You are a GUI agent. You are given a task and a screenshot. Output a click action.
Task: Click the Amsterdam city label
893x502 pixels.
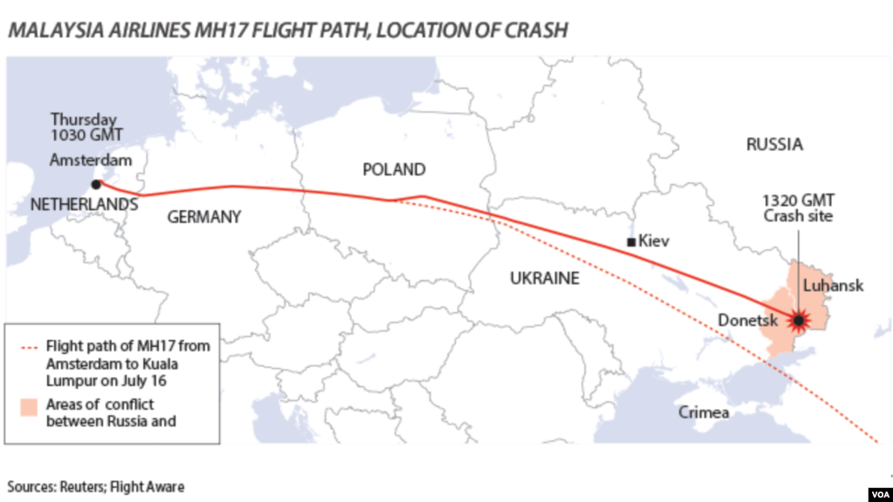91,160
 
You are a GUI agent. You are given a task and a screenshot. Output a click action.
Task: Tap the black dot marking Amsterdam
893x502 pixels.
95,184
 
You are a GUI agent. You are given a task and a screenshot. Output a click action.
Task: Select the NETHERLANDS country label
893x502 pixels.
84,204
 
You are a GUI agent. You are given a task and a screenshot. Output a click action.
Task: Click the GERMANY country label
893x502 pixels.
203,217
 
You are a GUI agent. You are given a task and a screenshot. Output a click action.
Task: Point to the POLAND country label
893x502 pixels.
393,169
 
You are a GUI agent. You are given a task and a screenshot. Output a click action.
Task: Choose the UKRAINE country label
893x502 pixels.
544,278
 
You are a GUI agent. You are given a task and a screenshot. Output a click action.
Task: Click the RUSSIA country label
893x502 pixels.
774,145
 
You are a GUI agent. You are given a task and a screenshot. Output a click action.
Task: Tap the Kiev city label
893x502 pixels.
654,241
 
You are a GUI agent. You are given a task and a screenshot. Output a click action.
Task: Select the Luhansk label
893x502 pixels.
833,286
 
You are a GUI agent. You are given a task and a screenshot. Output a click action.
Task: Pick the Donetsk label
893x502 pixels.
746,320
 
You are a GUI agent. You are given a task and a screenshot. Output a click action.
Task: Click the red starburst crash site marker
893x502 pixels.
798,321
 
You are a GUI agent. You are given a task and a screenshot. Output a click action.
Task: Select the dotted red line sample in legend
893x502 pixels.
28,346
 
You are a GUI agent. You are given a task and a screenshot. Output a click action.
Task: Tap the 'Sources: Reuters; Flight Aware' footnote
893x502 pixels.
97,486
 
